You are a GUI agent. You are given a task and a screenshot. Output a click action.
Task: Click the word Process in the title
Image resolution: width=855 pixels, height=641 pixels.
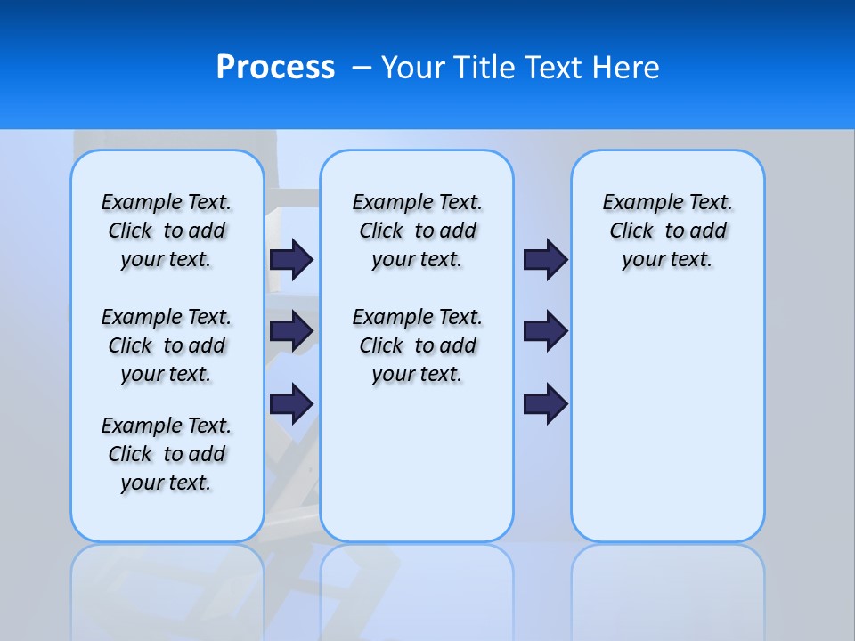[275, 68]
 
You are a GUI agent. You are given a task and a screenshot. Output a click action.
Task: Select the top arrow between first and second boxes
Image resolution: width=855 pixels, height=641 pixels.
[291, 259]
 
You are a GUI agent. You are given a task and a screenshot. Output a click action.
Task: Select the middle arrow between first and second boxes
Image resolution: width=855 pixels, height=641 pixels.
[291, 331]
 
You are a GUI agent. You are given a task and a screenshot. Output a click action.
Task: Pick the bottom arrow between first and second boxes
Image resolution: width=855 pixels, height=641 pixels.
[291, 403]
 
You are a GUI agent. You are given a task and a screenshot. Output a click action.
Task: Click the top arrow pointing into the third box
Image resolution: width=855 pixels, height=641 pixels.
[545, 259]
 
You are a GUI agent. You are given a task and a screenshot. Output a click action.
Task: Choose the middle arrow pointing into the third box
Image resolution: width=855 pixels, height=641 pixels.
[545, 331]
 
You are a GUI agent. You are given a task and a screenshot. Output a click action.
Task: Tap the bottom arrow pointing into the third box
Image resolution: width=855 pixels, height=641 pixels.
[545, 403]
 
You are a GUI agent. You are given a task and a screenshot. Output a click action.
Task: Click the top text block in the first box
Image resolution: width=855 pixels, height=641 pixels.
[167, 231]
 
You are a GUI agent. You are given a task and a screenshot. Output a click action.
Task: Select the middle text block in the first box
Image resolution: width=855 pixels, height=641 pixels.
[167, 345]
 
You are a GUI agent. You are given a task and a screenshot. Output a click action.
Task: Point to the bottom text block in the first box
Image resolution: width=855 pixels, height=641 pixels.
[167, 454]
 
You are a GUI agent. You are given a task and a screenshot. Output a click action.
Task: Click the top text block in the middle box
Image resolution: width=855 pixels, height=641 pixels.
[418, 231]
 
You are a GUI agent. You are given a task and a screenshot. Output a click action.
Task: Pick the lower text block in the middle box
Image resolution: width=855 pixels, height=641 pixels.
[418, 345]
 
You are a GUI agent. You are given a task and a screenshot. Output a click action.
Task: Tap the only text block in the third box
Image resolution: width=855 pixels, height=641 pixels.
[668, 231]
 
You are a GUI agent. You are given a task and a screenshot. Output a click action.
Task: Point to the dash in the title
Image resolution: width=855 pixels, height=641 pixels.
[362, 68]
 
